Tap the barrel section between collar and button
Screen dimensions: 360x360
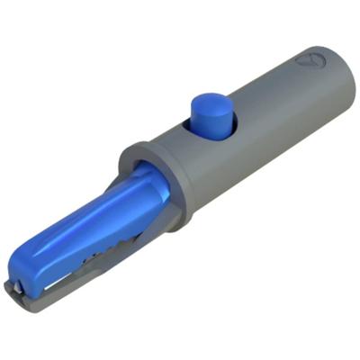[175, 148]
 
